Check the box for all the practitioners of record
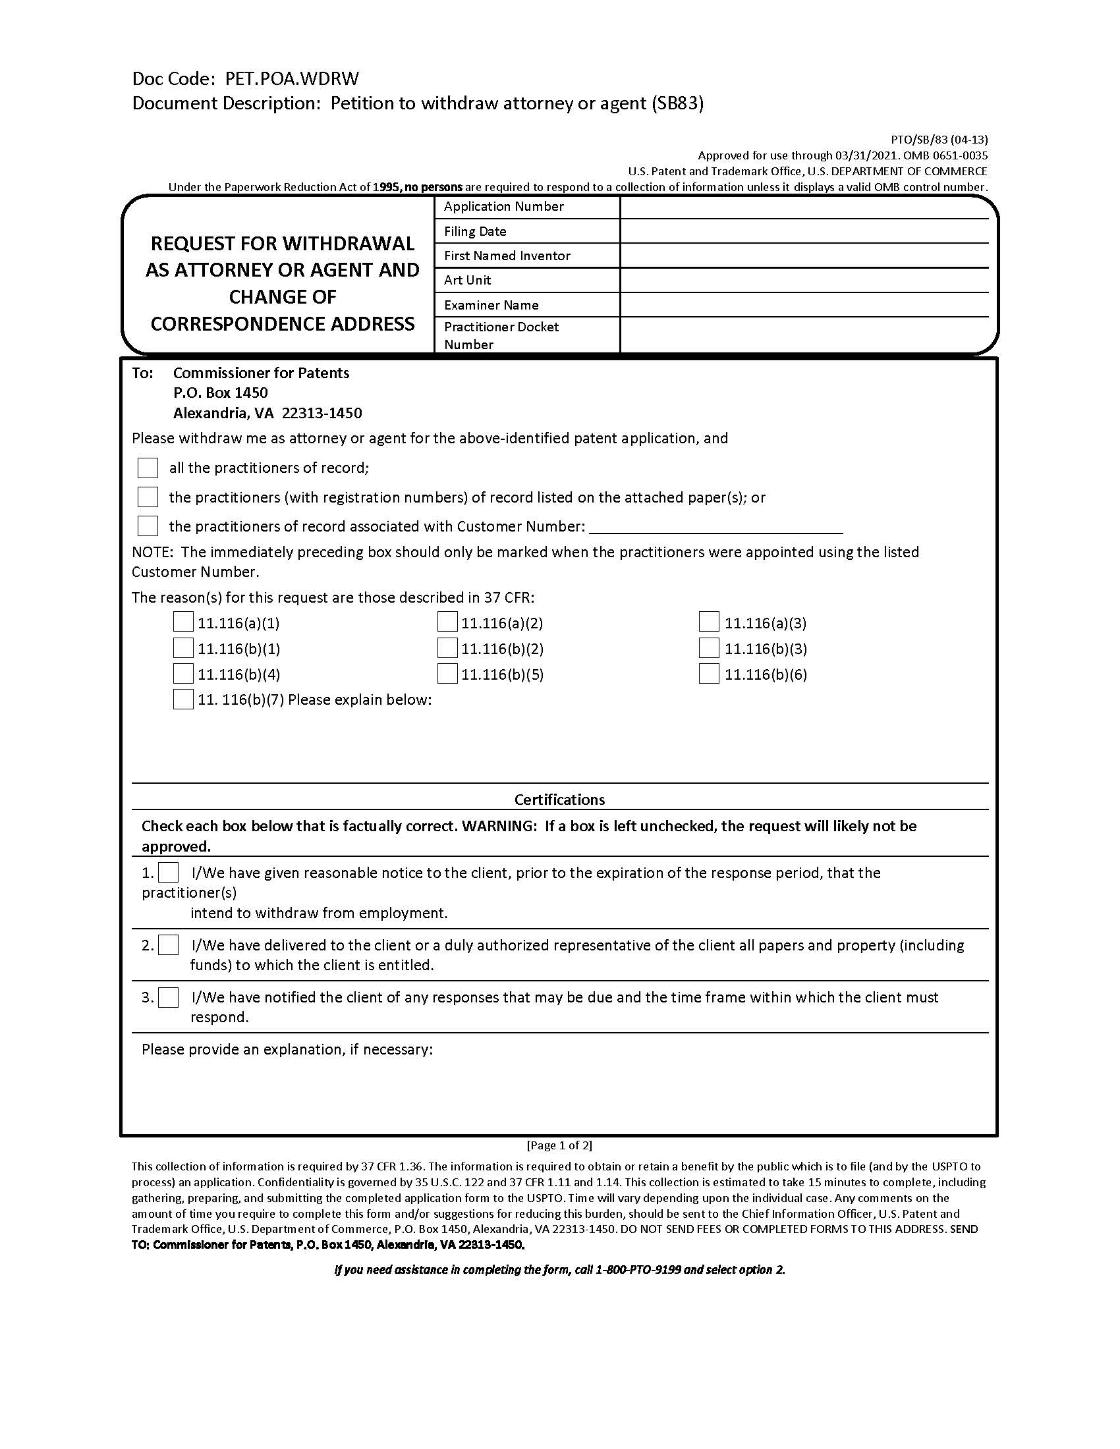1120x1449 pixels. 148,468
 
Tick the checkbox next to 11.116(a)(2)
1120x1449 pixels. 447,622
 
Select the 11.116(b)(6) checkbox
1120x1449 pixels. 709,674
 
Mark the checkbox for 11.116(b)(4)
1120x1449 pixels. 183,674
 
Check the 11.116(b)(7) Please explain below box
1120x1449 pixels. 183,699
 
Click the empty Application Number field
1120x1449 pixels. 804,207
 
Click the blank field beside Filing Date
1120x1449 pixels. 804,232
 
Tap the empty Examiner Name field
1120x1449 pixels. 804,305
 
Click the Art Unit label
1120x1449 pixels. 467,280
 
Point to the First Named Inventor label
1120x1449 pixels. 507,256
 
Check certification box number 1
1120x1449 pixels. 169,873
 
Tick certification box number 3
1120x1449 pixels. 169,997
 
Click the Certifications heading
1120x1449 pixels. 559,800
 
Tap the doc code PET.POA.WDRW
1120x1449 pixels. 292,79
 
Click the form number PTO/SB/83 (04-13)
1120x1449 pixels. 939,140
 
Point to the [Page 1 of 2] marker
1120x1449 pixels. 559,1145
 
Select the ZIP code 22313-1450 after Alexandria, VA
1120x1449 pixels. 322,414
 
